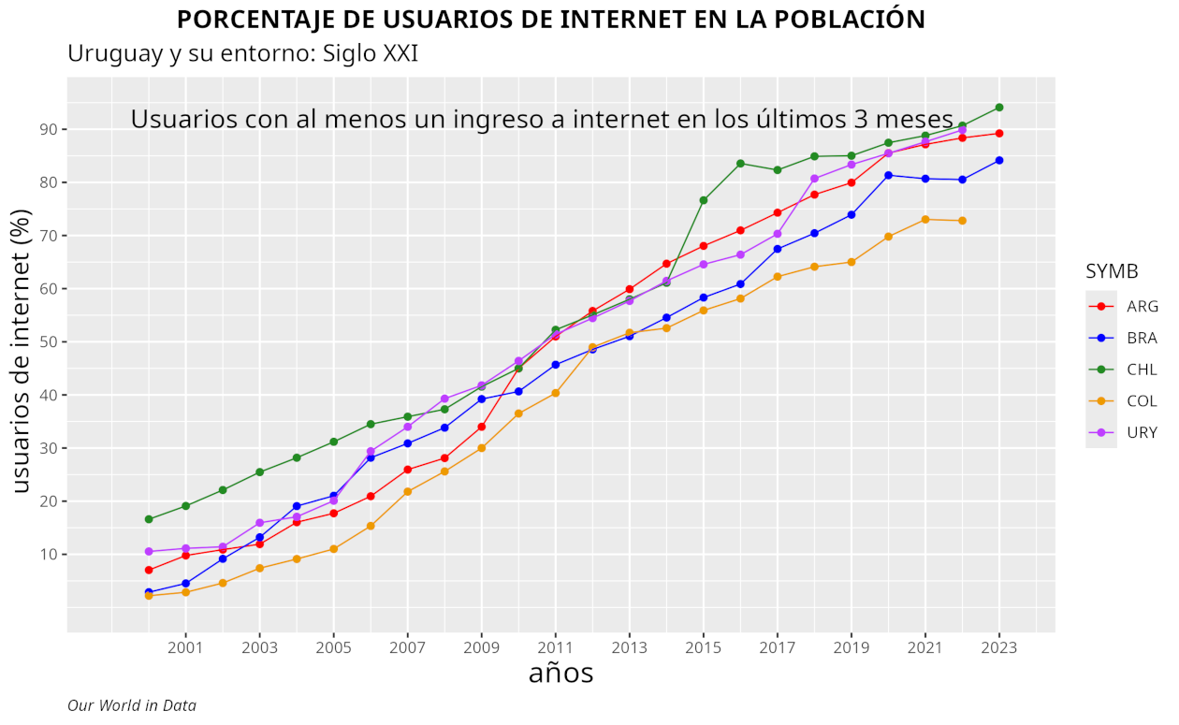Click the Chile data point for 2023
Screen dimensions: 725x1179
(x=999, y=108)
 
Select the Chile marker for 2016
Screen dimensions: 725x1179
(x=740, y=164)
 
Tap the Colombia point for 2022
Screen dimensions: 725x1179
(x=962, y=221)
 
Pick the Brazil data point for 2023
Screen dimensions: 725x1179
(x=999, y=160)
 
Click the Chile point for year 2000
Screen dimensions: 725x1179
(x=149, y=519)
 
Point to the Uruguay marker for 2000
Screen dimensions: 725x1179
(x=149, y=552)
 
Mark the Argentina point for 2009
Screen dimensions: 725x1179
(x=482, y=427)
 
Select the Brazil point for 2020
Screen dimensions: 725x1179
(x=888, y=175)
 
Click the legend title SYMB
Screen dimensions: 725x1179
(x=1112, y=272)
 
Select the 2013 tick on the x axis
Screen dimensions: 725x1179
(x=630, y=646)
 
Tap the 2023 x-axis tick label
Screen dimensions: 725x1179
(x=999, y=646)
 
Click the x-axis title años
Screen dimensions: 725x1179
(x=560, y=674)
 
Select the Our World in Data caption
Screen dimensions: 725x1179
(x=132, y=705)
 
